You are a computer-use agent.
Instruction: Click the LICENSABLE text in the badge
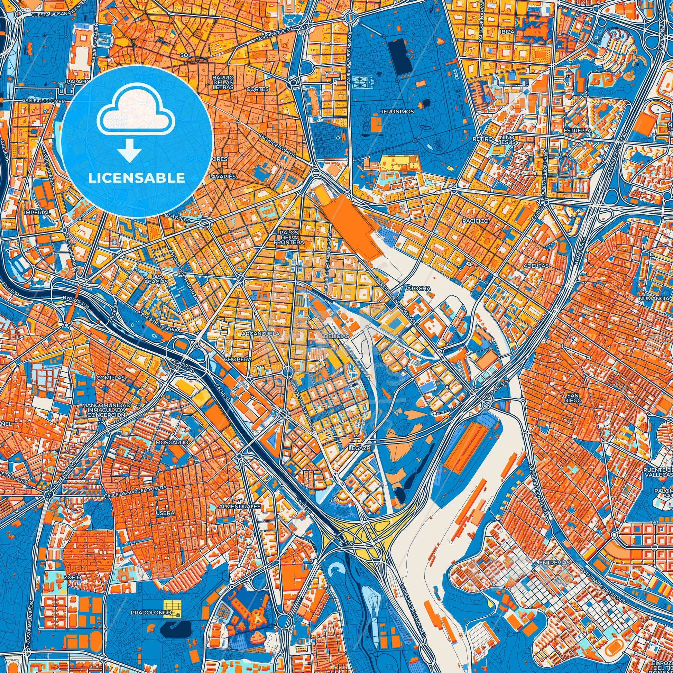pyautogui.click(x=137, y=178)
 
